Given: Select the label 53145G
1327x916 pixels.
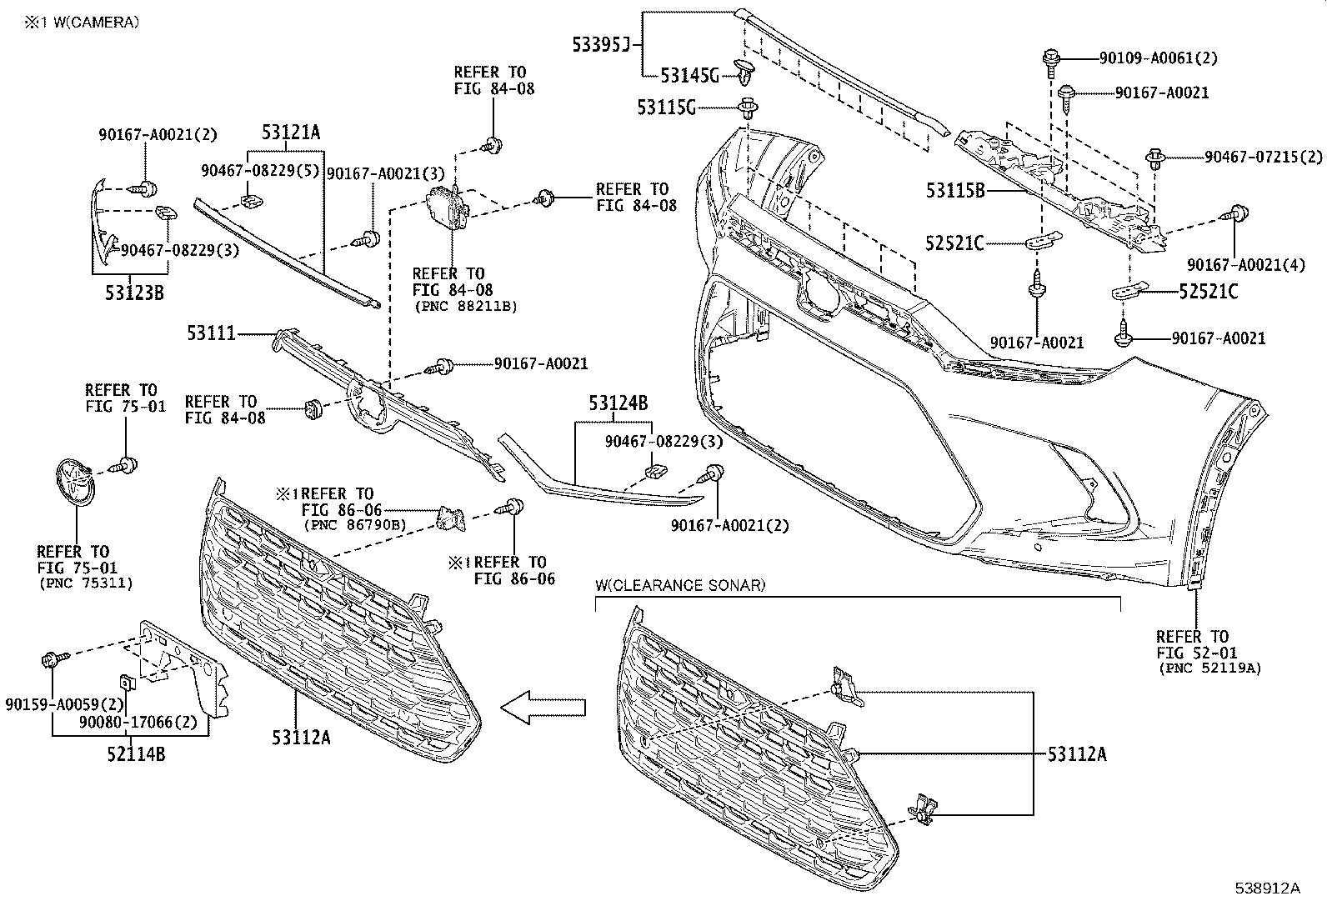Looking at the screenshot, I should coord(689,75).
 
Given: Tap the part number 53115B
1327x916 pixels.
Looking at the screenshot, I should coord(955,190).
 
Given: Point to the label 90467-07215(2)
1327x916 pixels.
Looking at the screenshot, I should coord(1263,156).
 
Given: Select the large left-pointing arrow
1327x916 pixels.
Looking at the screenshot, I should coord(543,708).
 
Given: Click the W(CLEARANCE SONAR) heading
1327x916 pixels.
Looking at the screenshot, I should coord(679,585).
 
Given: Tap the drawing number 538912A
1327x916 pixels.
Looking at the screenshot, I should coord(1267,888).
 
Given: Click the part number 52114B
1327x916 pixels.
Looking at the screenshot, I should coord(135,754).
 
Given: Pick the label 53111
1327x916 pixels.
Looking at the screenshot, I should coord(212,333).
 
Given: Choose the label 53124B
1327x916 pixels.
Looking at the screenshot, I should coord(618,404).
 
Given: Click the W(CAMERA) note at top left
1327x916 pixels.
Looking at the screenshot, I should coord(82,23).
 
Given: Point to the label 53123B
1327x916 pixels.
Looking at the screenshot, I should coord(135,292).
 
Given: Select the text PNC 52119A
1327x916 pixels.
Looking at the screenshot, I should coord(1209,668).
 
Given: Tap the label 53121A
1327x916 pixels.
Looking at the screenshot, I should coord(290,131).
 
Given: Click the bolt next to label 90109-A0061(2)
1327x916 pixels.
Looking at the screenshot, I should coord(1049,59).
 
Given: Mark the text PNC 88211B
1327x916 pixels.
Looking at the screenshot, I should coord(466,307).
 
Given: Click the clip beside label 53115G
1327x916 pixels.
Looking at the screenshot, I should coord(747,108).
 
